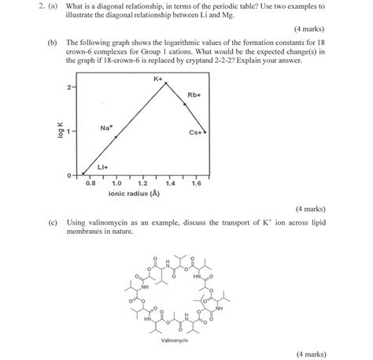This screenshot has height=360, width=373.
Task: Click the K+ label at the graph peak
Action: tap(157, 80)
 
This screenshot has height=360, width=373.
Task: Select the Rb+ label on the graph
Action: tap(194, 96)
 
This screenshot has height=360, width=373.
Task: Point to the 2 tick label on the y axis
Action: tap(69, 87)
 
